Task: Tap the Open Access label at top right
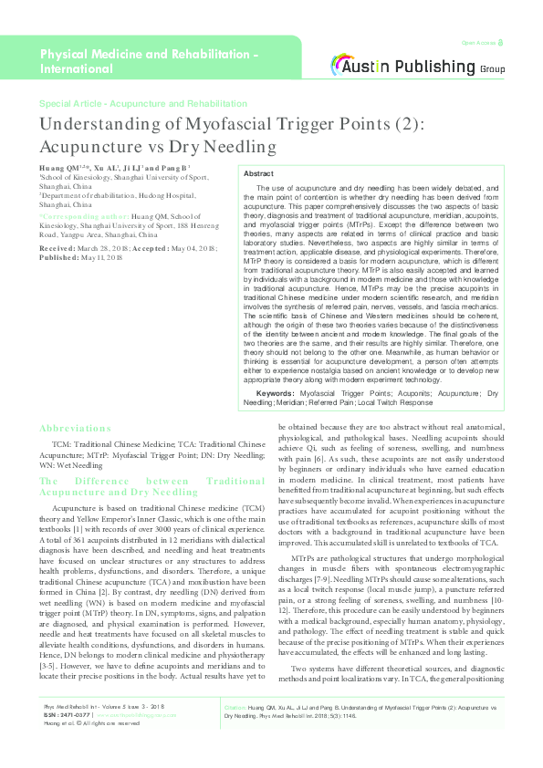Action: pyautogui.click(x=478, y=43)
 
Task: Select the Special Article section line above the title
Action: pyautogui.click(x=143, y=104)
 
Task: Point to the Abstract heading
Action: pyautogui.click(x=258, y=172)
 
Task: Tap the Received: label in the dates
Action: pyautogui.click(x=57, y=248)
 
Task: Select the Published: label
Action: pyautogui.click(x=60, y=257)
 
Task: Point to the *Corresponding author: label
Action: pyautogui.click(x=77, y=216)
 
